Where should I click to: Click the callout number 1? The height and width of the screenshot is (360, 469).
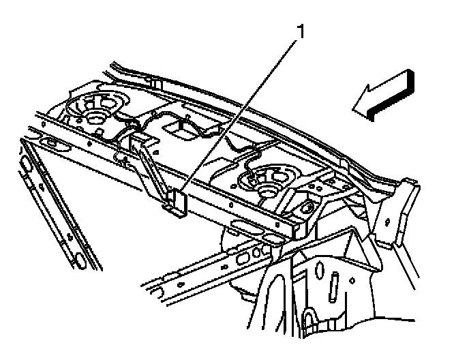coord(301,31)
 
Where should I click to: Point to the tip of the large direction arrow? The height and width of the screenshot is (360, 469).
coord(352,110)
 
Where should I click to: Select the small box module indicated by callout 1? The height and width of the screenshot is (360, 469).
coord(176,202)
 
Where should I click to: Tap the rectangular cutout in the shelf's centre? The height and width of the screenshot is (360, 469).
coord(181,130)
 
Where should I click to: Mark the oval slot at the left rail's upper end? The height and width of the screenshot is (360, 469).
coord(25,164)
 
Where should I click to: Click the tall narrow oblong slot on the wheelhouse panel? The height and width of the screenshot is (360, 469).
coord(334,287)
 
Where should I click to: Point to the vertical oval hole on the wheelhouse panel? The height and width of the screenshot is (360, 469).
coord(320,270)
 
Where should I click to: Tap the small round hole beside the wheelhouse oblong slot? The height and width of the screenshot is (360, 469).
coord(352,281)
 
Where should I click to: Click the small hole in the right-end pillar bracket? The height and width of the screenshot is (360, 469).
coord(388,222)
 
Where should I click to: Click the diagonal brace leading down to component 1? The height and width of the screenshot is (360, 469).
coord(149,168)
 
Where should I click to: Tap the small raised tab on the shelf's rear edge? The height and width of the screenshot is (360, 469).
coord(155,83)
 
